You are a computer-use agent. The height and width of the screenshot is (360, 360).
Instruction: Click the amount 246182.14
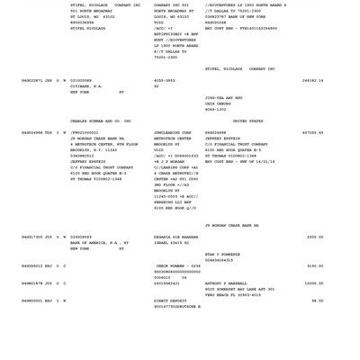coord(312,80)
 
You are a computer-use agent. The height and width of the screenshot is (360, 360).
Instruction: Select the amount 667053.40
coord(312,131)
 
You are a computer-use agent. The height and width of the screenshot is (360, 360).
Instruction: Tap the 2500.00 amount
coord(314,237)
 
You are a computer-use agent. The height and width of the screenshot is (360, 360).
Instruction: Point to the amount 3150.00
coord(314,265)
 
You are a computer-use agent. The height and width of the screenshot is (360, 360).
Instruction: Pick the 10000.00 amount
coord(313,283)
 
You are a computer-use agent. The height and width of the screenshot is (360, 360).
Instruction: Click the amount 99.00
coord(317,301)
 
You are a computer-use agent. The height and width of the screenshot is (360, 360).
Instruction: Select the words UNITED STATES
coord(248,121)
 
